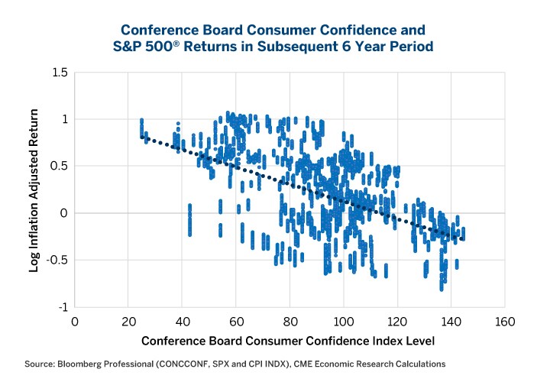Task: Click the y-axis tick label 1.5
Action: point(59,73)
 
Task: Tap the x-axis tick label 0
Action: point(74,321)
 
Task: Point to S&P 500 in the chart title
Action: point(157,46)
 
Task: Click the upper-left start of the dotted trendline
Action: point(142,137)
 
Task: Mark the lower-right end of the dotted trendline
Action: point(463,239)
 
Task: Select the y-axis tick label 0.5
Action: point(59,166)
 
